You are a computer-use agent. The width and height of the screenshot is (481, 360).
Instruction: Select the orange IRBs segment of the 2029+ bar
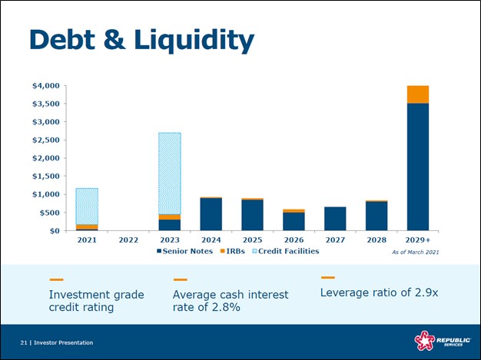(x=418, y=94)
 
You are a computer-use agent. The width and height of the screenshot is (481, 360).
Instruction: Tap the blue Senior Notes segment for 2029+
(x=418, y=167)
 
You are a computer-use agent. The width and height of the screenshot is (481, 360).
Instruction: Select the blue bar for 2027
(x=335, y=219)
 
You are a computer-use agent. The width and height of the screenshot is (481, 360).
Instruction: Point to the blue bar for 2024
(x=211, y=214)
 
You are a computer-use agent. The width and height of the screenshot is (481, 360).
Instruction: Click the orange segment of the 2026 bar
(x=294, y=210)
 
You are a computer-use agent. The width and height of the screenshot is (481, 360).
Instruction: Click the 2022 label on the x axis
(x=128, y=239)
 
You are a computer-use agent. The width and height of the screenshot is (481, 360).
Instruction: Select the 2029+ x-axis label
(x=419, y=239)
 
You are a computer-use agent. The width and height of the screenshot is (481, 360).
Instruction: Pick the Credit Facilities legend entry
(x=288, y=251)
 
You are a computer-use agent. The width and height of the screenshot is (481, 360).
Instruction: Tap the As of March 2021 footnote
(x=415, y=252)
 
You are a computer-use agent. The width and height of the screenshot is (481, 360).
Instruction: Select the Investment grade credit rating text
(x=86, y=301)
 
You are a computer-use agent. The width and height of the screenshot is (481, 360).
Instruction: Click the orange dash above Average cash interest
(x=181, y=279)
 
